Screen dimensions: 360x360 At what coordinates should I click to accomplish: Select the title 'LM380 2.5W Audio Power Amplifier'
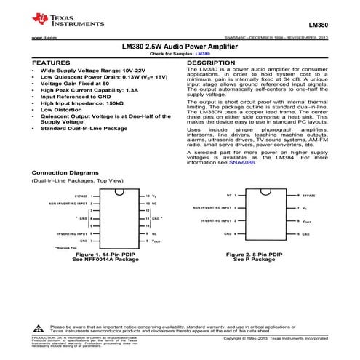point(180,46)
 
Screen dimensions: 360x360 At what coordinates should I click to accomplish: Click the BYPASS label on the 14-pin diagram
point(80,196)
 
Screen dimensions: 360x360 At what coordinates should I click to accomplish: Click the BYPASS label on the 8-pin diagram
point(309,196)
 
